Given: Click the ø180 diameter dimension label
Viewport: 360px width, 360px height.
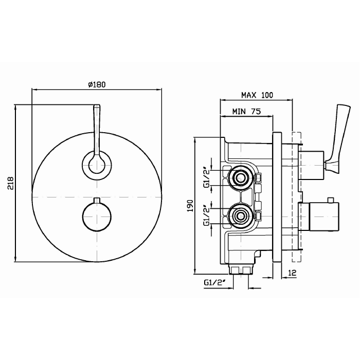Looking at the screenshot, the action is point(97,84).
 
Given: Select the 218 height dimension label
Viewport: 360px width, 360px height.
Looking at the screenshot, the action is point(11,183).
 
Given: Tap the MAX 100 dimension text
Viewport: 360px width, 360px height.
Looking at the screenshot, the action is point(257,95).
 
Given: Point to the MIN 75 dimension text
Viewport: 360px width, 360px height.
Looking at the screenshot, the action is point(246,112).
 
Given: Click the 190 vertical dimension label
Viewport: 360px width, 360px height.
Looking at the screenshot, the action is point(190,206).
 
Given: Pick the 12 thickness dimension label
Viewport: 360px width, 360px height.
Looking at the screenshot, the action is point(292,273).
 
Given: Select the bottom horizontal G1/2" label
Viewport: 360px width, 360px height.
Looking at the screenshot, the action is point(214,283).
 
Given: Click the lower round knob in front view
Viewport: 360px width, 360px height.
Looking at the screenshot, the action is point(97,217).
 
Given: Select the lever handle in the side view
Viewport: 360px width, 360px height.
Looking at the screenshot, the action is point(338,139).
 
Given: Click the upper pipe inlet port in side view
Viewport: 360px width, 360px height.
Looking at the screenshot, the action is point(240,178).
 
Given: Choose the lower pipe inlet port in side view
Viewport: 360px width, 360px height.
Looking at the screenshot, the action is point(240,216).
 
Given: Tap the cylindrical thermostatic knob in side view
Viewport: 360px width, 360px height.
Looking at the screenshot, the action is point(323,217).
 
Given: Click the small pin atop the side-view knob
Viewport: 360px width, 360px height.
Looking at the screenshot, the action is point(331,200).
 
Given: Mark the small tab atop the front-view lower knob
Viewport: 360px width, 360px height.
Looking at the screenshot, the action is point(97,200).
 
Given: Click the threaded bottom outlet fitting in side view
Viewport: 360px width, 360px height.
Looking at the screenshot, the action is point(241,270).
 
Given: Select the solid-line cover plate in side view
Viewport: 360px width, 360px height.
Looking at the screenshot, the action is point(277,197).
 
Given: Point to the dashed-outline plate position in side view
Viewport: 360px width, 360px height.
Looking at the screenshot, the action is point(296,197).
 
